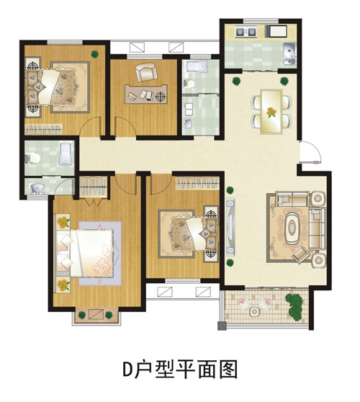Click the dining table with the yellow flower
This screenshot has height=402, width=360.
(271, 112)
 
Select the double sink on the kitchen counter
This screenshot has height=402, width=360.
(246, 32)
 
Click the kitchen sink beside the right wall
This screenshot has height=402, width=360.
(289, 54)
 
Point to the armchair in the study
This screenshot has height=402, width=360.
(145, 71)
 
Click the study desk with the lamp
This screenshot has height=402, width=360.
(146, 94)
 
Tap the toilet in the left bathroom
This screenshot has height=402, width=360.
(33, 158)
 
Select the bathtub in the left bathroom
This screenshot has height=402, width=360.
(66, 153)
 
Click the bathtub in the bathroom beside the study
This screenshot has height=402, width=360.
(197, 67)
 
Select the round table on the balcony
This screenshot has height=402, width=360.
(254, 311)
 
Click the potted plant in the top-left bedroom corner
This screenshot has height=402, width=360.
(95, 54)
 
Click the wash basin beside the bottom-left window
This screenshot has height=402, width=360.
(38, 189)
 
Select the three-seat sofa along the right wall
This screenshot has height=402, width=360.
(318, 228)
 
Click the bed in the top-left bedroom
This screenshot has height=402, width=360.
(51, 86)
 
